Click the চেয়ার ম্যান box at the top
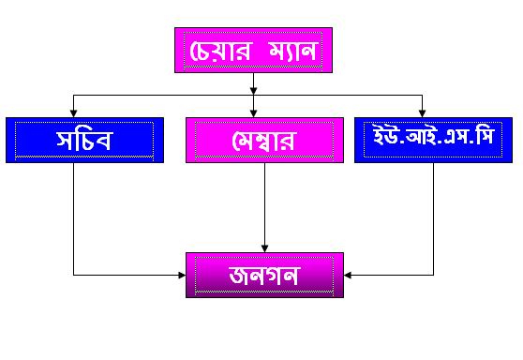pos(253,50)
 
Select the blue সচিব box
pos(84,140)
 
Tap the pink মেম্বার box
pos(264,140)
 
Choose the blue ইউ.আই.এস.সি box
pos(433,140)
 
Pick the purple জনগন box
pos(264,276)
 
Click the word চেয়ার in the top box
pos(220,51)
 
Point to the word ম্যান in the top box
pos(292,51)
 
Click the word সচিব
pos(83,140)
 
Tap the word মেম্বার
pos(263,141)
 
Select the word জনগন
pos(264,276)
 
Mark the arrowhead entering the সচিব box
pos(73,113)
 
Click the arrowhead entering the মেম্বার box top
pos(253,113)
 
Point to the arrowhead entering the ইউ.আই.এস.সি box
pos(423,113)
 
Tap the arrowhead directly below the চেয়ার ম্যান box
pos(253,91)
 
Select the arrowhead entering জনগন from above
pos(265,248)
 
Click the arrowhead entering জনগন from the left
pos(182,276)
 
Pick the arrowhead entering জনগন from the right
pos(348,276)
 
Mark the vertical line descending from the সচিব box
pos(73,218)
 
